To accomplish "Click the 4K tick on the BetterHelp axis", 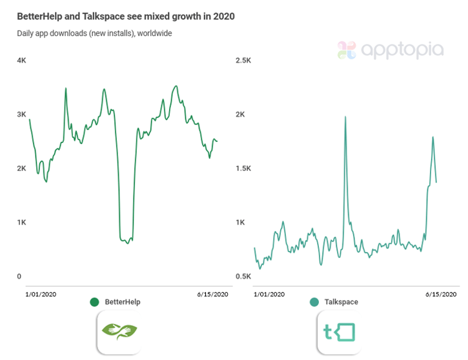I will [21, 61].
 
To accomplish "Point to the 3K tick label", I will [21, 115].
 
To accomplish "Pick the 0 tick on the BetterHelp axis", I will [19, 277].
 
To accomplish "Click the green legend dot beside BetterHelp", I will [94, 302].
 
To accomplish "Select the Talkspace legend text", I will [341, 302].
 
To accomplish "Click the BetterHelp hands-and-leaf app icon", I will [120, 332].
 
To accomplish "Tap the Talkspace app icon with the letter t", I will [340, 332].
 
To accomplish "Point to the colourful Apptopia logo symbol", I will [347, 50].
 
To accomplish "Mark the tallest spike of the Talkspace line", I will [345, 117].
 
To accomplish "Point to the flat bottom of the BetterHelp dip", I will [126, 240].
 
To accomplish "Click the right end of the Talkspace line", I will [436, 182].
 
